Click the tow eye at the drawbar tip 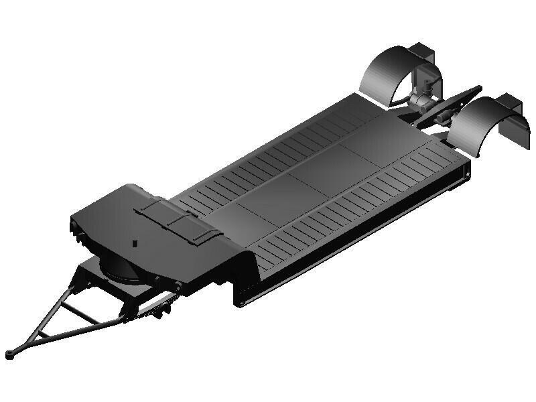[x=9, y=354]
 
